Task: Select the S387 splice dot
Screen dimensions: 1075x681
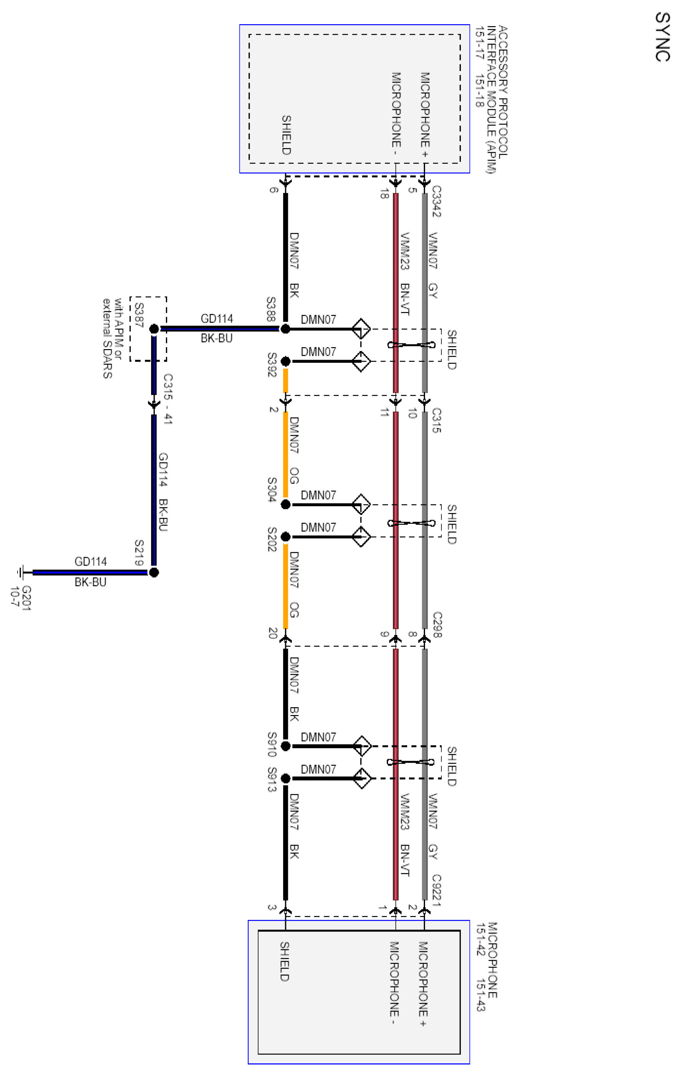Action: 154,329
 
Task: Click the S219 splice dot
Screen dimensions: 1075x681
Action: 154,572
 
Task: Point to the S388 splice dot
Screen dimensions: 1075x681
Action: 286,329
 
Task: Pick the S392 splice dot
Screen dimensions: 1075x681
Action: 286,361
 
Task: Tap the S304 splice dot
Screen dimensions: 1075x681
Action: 286,504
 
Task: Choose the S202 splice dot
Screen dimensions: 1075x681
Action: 286,537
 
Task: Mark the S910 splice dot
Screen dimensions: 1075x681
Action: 286,746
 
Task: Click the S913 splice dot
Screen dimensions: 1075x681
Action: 286,778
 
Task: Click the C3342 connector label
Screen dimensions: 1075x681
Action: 437,201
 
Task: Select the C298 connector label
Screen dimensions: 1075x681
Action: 437,624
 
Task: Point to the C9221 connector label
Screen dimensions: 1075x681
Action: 437,890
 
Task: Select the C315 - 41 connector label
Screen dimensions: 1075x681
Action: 168,399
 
